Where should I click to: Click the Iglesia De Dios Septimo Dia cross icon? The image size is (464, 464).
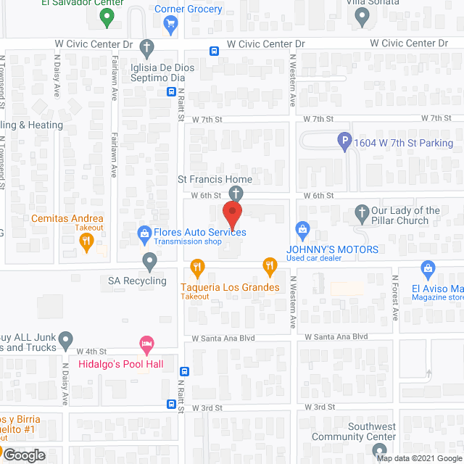(147, 49)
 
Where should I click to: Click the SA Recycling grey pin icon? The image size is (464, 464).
(149, 260)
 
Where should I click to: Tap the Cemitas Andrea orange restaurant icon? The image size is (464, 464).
(87, 242)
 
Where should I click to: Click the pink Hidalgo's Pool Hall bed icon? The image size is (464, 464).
(146, 341)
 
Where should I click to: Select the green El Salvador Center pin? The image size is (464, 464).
(107, 17)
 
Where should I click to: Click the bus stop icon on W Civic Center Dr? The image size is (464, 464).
(215, 51)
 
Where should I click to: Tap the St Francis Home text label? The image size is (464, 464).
(216, 179)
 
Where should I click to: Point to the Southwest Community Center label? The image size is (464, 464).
(354, 432)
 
